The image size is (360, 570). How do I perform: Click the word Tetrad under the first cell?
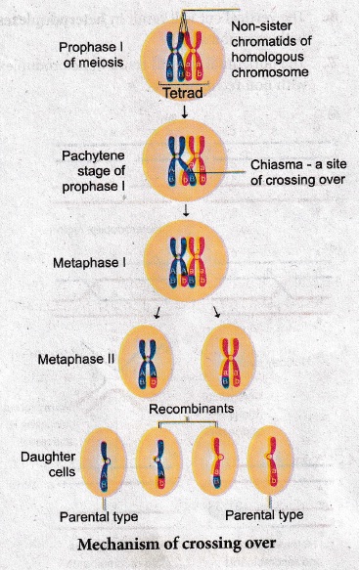click(x=183, y=93)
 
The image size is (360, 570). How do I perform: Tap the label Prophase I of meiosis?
click(x=91, y=55)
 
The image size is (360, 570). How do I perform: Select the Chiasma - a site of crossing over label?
click(x=298, y=172)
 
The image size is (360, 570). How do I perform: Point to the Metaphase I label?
click(x=89, y=263)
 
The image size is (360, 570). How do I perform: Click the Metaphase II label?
click(x=76, y=359)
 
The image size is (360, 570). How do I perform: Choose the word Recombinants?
click(x=192, y=409)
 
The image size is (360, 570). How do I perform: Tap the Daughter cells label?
click(x=48, y=464)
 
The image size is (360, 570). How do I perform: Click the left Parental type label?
click(x=99, y=516)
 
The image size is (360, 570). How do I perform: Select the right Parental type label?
click(x=264, y=515)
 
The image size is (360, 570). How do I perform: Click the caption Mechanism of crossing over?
click(x=177, y=544)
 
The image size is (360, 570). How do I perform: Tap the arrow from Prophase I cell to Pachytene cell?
click(x=185, y=111)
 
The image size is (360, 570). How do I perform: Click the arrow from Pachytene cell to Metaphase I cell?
click(x=186, y=210)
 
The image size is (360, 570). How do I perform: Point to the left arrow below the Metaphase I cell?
click(x=157, y=313)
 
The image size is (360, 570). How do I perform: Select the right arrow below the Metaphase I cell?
click(x=217, y=312)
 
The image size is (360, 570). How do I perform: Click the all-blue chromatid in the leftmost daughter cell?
click(x=105, y=466)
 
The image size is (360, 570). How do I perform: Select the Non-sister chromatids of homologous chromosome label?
click(x=271, y=49)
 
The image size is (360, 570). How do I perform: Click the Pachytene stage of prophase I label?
click(x=94, y=171)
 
